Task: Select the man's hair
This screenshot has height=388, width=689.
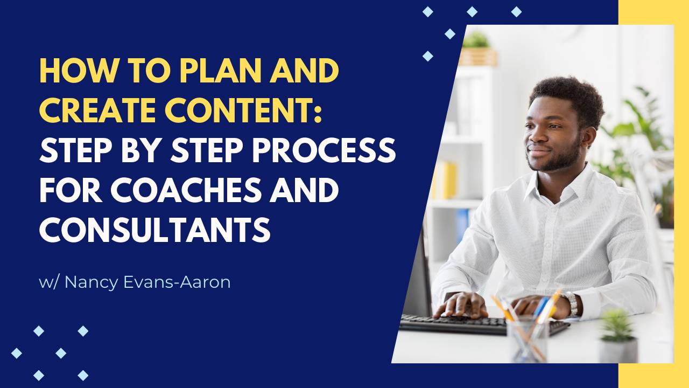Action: pyautogui.click(x=568, y=97)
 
